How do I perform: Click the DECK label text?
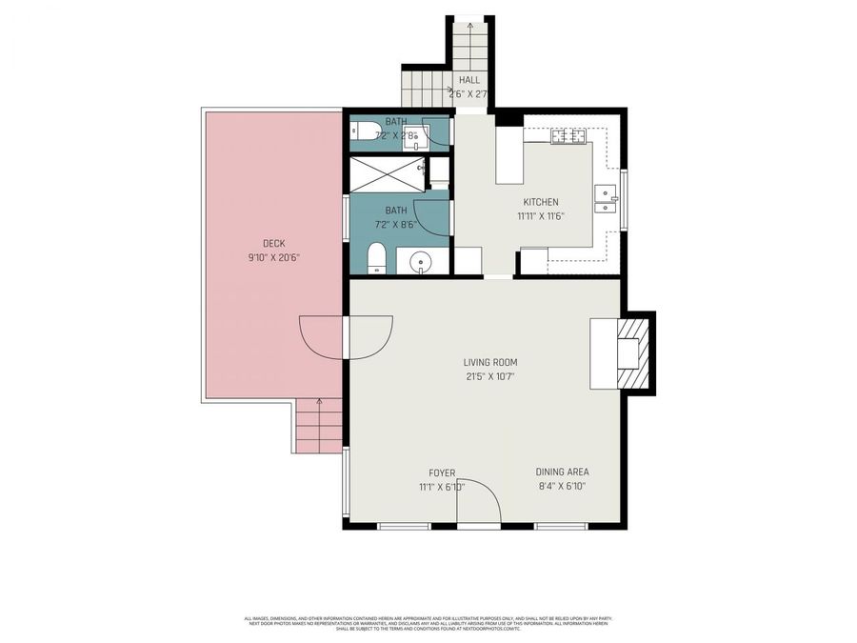coord(274,243)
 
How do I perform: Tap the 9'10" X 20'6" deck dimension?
coord(274,257)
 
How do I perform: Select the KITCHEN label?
coord(541,202)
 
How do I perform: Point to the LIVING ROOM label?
coord(490,362)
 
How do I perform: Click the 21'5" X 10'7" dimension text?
coord(490,376)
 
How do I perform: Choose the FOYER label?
coord(442,472)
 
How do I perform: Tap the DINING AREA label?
coord(562,472)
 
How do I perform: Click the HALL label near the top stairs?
coord(469,80)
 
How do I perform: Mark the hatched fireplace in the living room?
coord(633,353)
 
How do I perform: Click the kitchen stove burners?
coord(568,135)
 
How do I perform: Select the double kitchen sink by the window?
coord(605,198)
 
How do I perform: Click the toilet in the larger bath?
coord(376,257)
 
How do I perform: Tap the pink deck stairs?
coord(319,426)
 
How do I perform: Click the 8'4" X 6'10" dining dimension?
coord(562,486)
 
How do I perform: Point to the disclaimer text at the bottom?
coord(428,622)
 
